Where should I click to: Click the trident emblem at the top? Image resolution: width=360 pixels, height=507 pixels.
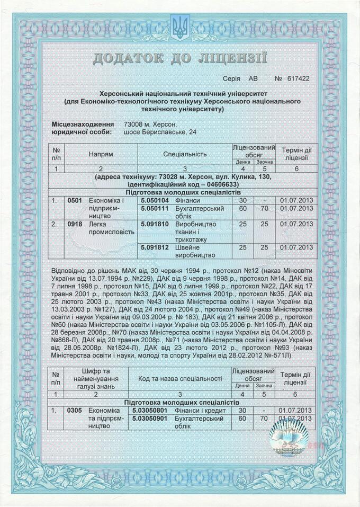[180, 27]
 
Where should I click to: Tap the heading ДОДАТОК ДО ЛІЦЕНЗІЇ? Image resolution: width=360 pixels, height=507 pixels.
[180, 57]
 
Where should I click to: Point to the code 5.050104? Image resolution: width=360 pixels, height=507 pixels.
[154, 201]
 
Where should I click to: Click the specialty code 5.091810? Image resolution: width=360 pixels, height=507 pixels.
[154, 224]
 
